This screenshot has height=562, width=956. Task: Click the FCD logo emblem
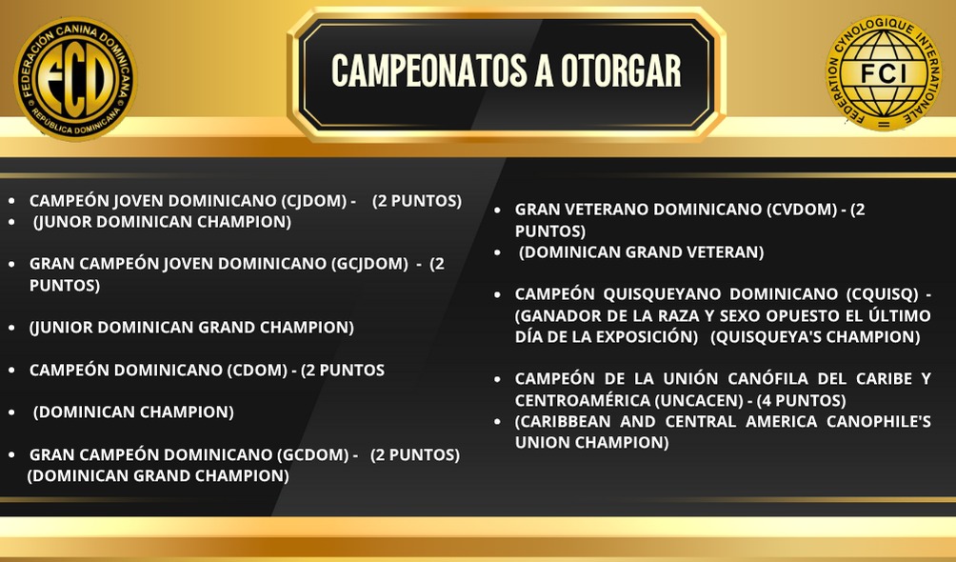point(75,79)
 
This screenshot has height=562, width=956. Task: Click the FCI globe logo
point(884,73)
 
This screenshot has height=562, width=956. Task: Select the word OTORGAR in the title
point(621,70)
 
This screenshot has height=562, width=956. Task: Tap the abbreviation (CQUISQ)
point(883,294)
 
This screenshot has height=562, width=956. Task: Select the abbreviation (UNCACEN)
point(699,400)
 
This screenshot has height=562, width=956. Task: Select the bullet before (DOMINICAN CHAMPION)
point(11,413)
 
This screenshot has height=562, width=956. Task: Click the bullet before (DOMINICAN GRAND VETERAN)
point(497,253)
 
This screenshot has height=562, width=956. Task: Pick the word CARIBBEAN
point(563,422)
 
